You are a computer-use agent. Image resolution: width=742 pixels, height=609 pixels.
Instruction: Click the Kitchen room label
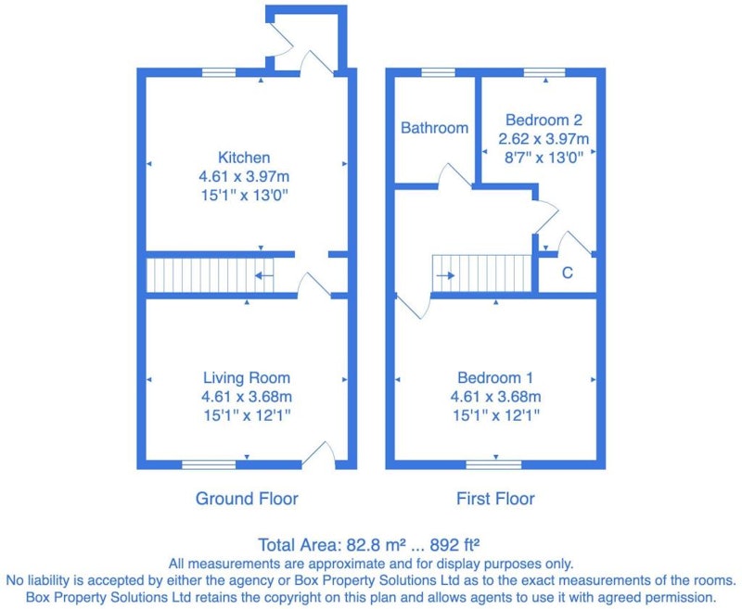(x=244, y=158)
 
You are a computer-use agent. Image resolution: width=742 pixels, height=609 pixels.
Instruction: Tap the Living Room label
(x=247, y=378)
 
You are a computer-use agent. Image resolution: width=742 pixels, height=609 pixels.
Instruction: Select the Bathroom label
(x=434, y=128)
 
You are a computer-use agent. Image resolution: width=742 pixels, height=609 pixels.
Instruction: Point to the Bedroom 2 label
(x=544, y=121)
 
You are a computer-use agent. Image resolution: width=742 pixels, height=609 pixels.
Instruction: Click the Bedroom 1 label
(x=495, y=378)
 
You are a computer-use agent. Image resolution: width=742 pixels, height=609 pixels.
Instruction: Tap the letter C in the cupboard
(x=567, y=273)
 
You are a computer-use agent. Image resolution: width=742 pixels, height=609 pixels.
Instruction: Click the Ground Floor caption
(x=247, y=499)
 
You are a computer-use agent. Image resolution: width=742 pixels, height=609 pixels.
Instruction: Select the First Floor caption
(x=495, y=499)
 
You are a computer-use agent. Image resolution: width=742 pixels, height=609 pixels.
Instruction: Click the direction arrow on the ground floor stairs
(x=264, y=275)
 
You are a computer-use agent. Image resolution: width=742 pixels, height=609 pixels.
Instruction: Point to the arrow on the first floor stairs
(x=445, y=275)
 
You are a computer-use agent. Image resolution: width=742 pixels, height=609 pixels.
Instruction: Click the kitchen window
(x=219, y=73)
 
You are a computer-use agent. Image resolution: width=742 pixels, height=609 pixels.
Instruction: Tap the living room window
(x=209, y=464)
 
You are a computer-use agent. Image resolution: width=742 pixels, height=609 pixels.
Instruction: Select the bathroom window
(x=438, y=72)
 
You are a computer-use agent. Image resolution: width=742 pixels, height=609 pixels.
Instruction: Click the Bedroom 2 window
(x=544, y=72)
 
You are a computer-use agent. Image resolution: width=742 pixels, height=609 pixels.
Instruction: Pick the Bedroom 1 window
(x=493, y=464)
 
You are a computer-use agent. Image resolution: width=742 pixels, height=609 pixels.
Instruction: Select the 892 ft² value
(x=454, y=545)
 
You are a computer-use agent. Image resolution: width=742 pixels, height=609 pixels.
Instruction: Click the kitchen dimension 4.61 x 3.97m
(x=244, y=176)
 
